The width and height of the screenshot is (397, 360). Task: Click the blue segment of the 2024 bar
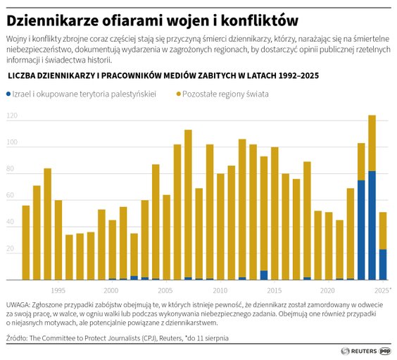coord(372,225)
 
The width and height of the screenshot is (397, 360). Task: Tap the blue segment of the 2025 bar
coord(383,264)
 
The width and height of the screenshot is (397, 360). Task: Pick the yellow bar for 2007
coord(188,204)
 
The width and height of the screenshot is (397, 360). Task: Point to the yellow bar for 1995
coord(58,240)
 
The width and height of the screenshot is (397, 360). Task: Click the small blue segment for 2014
coord(264,275)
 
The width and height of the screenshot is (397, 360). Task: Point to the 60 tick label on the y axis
coord(11,198)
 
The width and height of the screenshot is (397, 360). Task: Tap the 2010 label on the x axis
coord(219,290)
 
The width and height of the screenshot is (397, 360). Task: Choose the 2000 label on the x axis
coord(111,290)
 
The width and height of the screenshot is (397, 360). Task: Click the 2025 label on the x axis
coord(382,290)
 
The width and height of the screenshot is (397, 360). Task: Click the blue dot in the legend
coord(8,93)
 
